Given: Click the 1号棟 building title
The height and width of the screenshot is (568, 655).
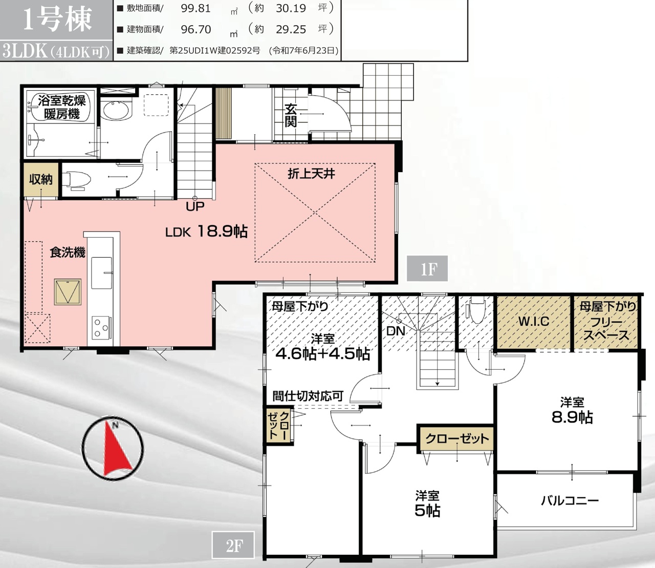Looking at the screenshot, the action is tap(57, 19).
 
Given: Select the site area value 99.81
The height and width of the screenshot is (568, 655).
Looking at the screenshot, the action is tap(195, 8).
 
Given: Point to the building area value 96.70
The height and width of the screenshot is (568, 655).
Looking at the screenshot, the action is tap(195, 29).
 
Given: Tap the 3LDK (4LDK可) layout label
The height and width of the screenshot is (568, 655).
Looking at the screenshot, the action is tap(56, 51).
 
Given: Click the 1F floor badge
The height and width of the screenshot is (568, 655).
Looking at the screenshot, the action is tap(427, 268).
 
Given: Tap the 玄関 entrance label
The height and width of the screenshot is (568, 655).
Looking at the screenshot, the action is tap(291, 115).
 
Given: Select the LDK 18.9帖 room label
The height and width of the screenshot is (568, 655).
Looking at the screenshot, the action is tap(206, 231).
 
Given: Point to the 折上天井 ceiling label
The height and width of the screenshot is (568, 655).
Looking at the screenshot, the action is tap(311, 174).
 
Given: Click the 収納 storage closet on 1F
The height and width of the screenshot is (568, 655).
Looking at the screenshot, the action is tap(41, 180).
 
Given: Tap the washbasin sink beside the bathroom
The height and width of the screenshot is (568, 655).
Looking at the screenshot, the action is tap(116, 110).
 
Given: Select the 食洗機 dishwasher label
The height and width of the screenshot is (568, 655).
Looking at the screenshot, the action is tap(67, 253).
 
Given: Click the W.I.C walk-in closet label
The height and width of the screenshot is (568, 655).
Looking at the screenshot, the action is tap(534, 321).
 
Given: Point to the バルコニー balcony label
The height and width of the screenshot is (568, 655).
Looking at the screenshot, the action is tap(570, 501).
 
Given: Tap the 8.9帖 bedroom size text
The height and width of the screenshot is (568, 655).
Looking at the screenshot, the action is tap(572, 417).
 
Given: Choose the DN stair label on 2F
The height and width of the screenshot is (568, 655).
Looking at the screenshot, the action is tap(396, 331).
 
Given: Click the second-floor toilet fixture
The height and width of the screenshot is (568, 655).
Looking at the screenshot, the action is tap(477, 309).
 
